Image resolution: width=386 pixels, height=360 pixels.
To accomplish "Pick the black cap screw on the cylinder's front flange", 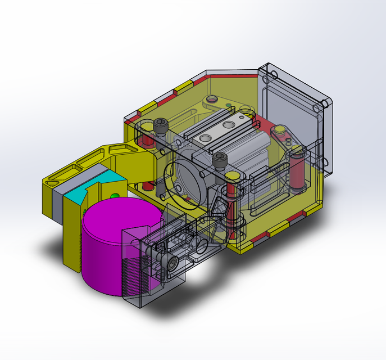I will click(220, 160).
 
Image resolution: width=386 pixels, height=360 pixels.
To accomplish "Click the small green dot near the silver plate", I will click(228, 106).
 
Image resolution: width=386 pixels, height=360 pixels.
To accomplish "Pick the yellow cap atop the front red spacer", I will click(231, 176).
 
